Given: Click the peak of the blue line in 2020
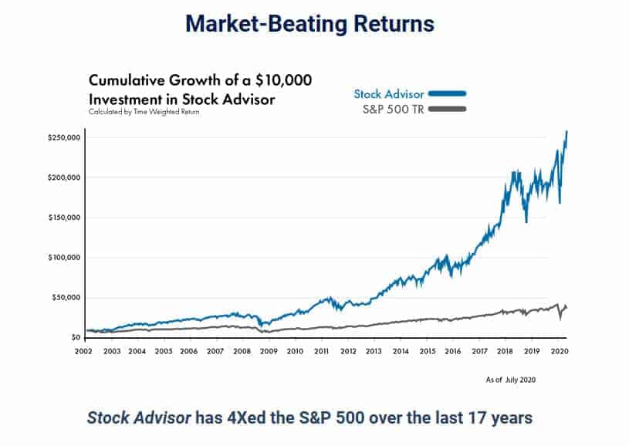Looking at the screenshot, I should point(566,132).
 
